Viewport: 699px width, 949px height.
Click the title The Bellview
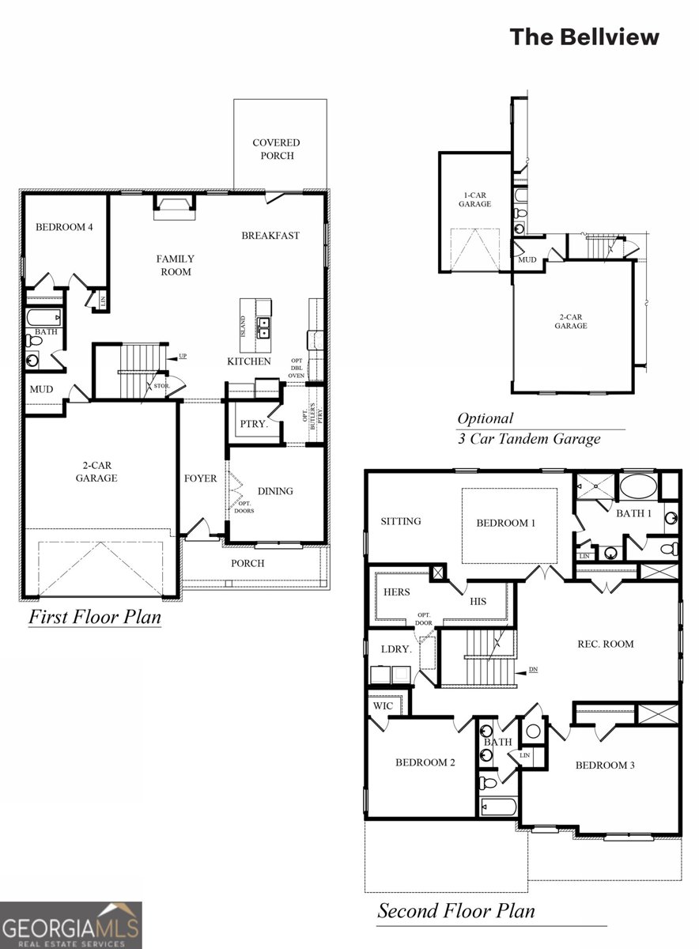[584, 36]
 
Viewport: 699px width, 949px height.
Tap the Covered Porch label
[277, 149]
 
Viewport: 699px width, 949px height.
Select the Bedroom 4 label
[64, 227]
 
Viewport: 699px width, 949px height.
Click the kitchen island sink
[263, 327]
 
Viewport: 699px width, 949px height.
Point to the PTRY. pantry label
[254, 424]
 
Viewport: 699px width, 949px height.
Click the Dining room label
[275, 491]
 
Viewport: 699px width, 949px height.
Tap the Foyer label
[200, 478]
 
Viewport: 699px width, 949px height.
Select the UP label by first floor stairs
[183, 357]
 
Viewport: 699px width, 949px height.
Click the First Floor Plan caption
[94, 617]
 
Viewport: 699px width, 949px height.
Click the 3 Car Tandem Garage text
[529, 439]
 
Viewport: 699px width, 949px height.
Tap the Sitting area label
[401, 521]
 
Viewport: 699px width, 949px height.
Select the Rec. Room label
[606, 644]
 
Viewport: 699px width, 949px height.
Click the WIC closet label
[383, 705]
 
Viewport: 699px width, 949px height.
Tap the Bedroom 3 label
[605, 765]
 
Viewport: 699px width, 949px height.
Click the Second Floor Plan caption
[455, 911]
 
